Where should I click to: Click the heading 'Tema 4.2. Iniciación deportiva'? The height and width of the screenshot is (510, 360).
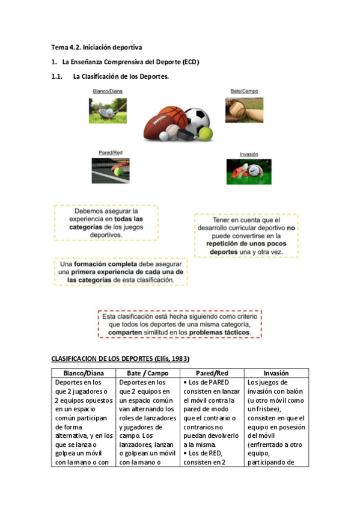coord(96,46)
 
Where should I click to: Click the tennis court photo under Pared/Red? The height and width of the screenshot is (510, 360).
coord(110,170)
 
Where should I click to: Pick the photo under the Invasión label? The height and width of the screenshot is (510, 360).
coord(245,171)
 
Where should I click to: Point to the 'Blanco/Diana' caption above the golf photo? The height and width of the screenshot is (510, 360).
coord(109,91)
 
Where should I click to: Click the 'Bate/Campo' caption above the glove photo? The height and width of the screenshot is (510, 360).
coord(244,91)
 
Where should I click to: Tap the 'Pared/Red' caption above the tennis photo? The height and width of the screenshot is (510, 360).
coord(110,153)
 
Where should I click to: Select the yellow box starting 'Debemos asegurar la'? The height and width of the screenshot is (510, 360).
coord(106,223)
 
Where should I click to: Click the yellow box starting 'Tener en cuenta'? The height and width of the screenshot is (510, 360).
coord(246,236)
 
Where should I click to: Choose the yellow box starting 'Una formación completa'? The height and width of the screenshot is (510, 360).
coord(120,271)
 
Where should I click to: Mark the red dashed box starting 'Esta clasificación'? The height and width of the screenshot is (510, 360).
coord(180,324)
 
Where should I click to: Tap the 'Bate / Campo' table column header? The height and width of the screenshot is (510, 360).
coord(147,373)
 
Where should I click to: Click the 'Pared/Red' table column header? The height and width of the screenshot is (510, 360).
coord(212,373)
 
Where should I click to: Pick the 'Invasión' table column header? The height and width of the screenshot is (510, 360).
coord(276,373)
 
